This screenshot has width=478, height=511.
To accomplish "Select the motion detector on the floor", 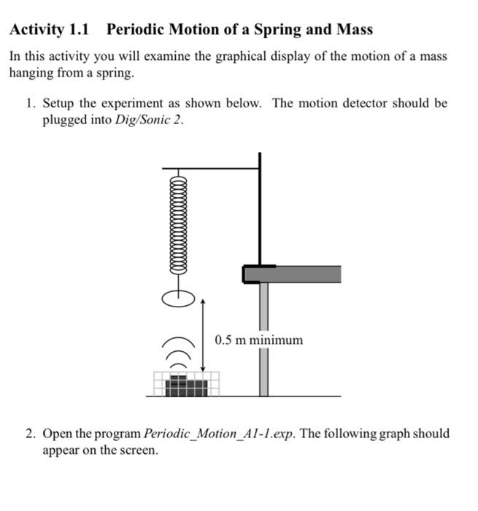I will tap(187, 384).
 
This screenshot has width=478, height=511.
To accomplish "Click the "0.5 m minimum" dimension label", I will tap(258, 339).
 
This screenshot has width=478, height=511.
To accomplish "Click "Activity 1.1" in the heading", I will tap(48, 30).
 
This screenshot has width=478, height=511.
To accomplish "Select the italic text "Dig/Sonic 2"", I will tap(144, 120).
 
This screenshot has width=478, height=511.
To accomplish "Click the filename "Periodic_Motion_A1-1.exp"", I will tap(220, 433).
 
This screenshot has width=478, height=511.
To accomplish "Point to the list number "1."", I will tap(31, 103).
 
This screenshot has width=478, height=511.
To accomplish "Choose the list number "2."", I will tap(31, 433).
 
